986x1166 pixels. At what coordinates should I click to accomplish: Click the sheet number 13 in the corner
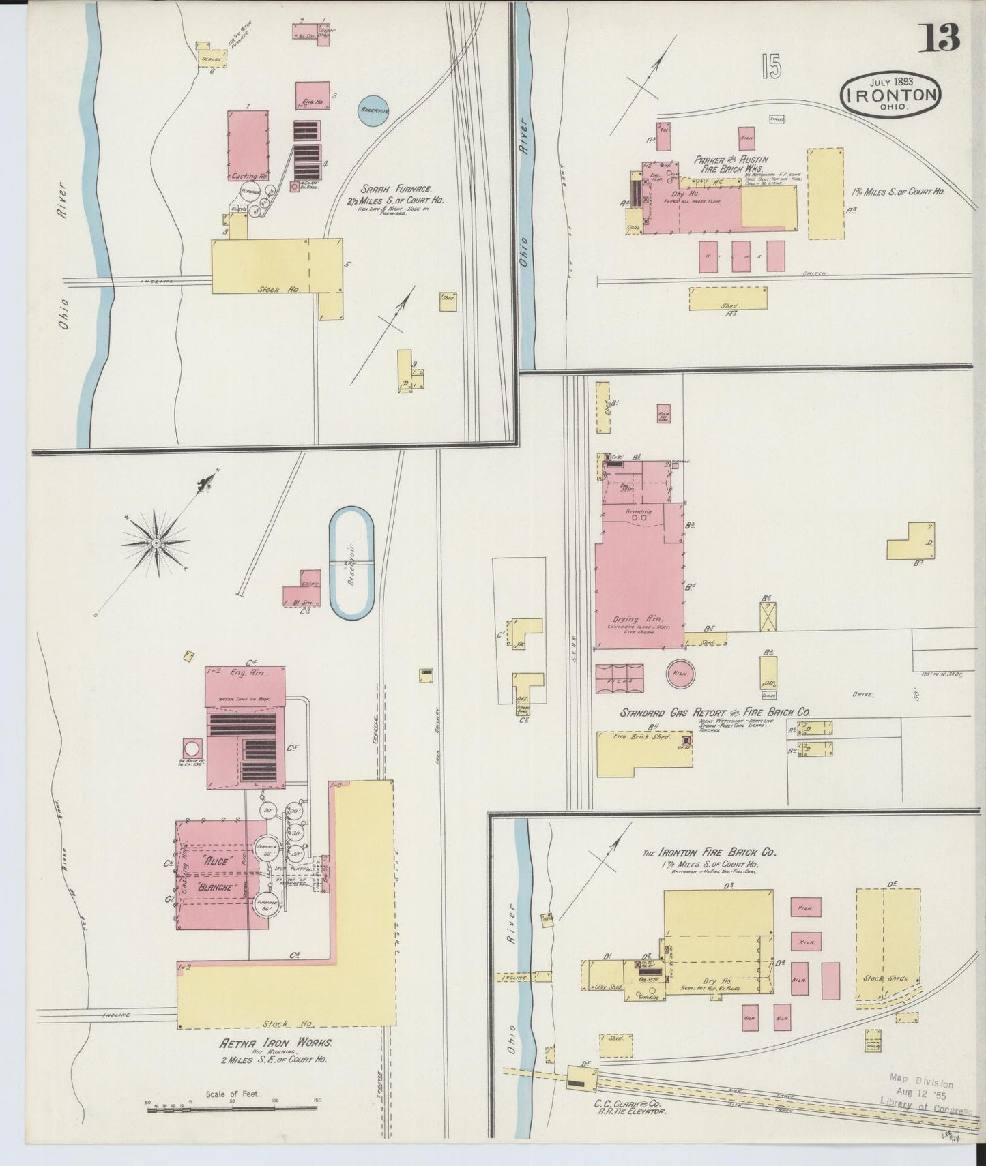tap(942, 37)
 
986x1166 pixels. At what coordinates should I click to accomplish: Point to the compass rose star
tap(156, 543)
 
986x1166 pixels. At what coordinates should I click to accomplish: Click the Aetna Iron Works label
tap(275, 1062)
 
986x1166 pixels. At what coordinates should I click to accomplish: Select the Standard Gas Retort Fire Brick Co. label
tap(714, 712)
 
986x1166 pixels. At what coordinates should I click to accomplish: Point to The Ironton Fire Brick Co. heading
tap(709, 852)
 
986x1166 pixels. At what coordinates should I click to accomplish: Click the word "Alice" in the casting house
tap(215, 861)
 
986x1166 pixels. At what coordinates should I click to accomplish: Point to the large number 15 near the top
tap(772, 67)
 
